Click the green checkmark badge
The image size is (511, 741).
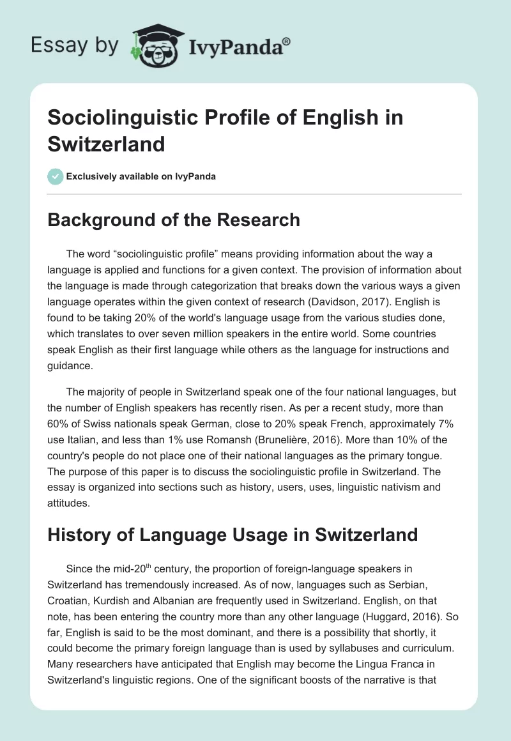click(55, 176)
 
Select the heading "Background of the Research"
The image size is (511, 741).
click(174, 220)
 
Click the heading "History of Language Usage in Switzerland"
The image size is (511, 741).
click(233, 535)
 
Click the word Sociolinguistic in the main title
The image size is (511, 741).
click(118, 119)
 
